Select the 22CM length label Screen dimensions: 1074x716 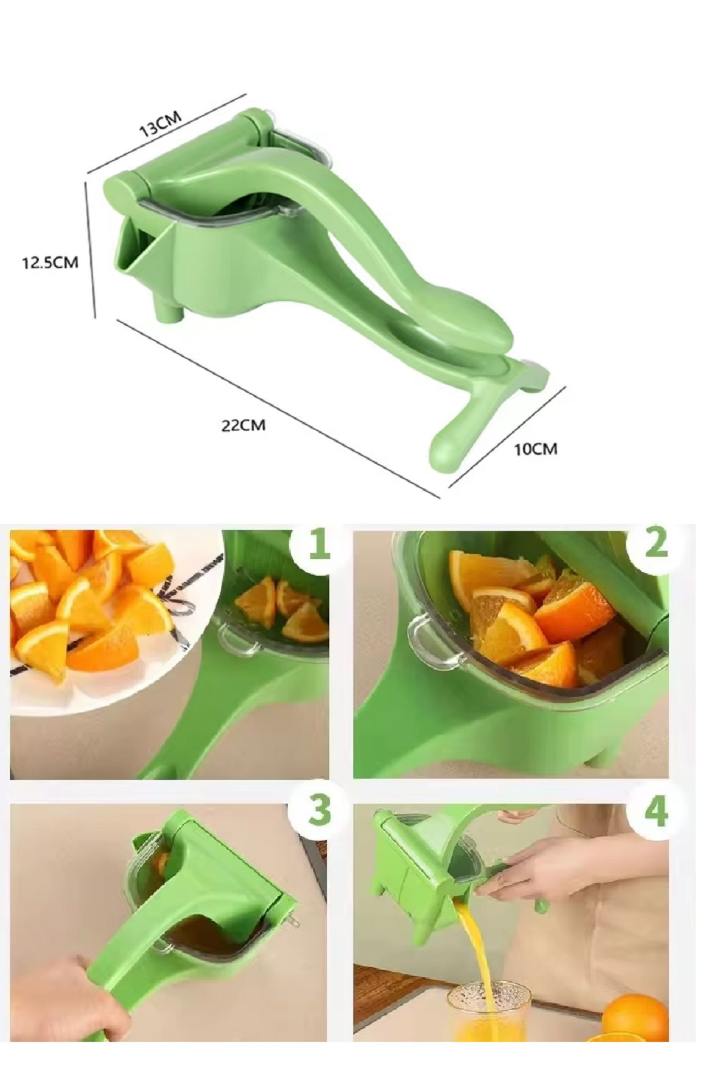(243, 425)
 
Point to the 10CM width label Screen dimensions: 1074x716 (535, 449)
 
